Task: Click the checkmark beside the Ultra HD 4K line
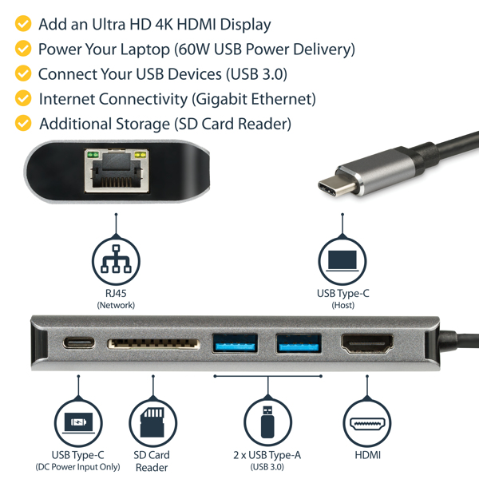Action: coord(24,25)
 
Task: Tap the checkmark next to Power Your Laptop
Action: coord(24,49)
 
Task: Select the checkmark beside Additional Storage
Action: coord(24,124)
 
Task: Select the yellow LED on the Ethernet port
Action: coord(141,153)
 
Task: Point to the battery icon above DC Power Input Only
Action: coord(77,421)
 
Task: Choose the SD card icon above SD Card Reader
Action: coord(152,420)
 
